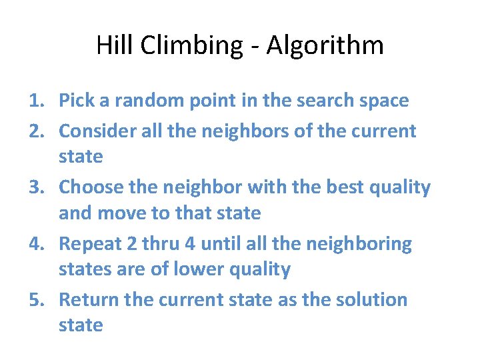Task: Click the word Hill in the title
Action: click(111, 46)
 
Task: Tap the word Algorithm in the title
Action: click(326, 46)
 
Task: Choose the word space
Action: click(383, 101)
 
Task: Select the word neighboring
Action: click(359, 244)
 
